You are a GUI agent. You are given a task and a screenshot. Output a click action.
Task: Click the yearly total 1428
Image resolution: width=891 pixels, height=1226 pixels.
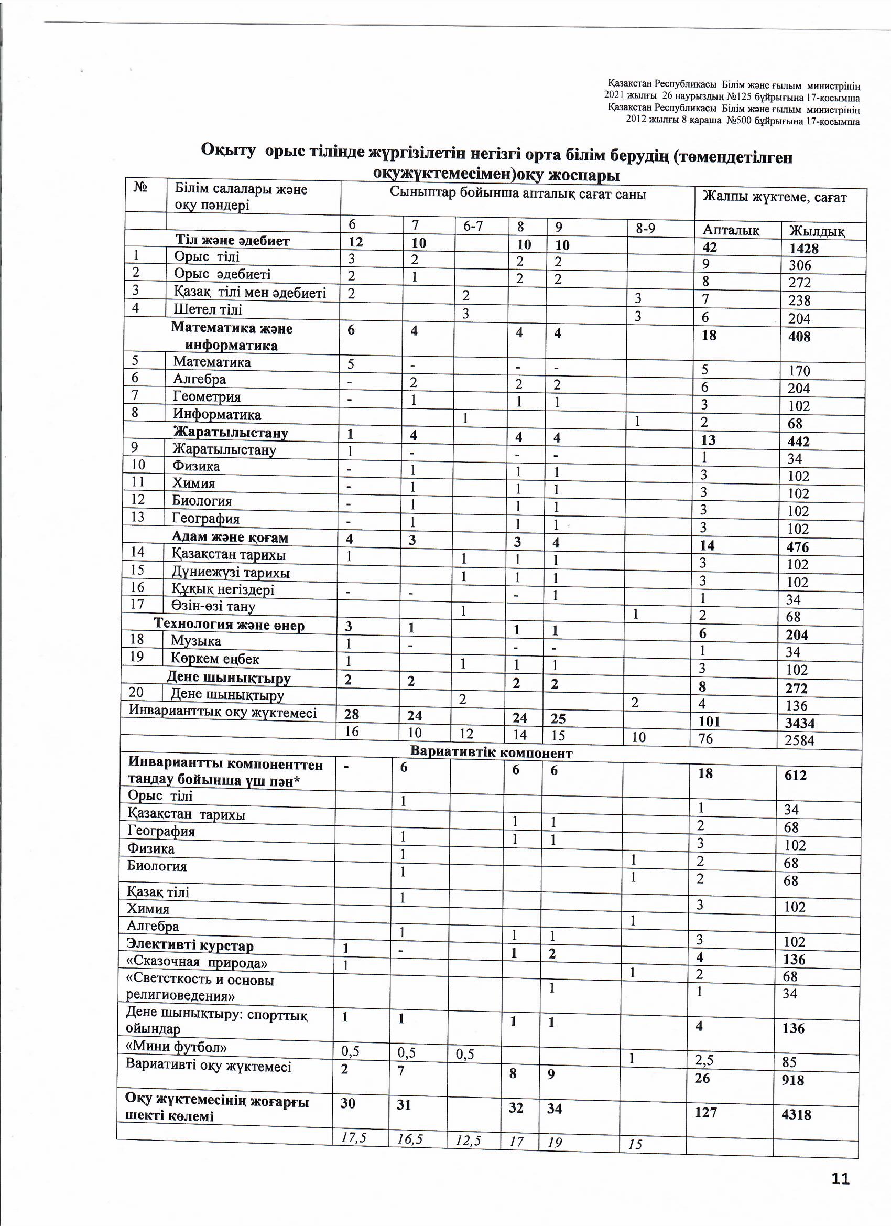(x=803, y=248)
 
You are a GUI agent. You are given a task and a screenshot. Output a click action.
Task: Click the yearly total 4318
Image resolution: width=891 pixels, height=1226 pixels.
(x=796, y=1115)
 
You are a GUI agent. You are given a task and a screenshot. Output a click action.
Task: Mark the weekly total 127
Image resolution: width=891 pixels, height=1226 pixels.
(x=705, y=1113)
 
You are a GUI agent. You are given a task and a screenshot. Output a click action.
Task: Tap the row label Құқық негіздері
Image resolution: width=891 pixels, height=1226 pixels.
(x=223, y=589)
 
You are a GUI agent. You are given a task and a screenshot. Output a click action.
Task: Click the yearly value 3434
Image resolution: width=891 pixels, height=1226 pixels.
(x=800, y=723)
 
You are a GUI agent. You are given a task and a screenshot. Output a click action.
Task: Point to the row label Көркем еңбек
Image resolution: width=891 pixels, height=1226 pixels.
(x=215, y=659)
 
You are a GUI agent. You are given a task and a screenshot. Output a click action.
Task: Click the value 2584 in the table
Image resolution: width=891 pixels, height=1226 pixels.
(x=799, y=740)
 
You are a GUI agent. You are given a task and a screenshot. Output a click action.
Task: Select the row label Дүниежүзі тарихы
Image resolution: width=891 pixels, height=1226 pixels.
(x=230, y=573)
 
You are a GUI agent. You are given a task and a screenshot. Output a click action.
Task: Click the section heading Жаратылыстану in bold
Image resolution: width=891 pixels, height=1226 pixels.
(x=230, y=433)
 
